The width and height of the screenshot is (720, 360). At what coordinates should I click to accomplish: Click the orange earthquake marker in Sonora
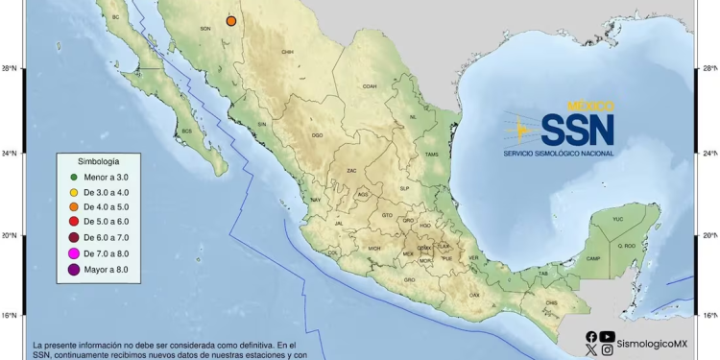[231, 21]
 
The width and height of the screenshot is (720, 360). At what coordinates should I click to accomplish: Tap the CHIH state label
[286, 52]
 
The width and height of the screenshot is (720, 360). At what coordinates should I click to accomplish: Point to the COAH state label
[369, 86]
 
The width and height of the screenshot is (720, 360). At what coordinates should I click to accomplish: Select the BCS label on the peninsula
[187, 131]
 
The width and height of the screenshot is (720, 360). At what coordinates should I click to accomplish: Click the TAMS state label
[432, 155]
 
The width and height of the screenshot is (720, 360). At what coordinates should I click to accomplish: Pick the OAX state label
[474, 294]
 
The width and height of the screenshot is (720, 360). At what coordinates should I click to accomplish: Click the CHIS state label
[550, 303]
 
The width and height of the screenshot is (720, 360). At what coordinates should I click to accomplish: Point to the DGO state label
[317, 135]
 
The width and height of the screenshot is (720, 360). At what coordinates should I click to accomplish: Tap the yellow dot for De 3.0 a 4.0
[74, 192]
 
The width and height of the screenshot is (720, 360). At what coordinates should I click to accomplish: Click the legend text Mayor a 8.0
[111, 270]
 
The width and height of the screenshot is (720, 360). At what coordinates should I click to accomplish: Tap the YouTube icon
[607, 337]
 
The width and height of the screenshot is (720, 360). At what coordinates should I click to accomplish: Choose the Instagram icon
[607, 350]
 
